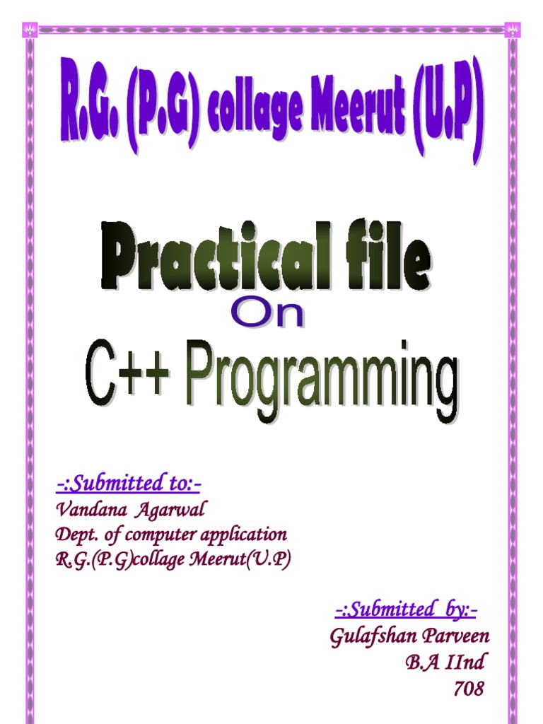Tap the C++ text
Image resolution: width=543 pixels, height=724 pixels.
tap(127, 373)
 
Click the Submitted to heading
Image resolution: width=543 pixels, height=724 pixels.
tap(129, 484)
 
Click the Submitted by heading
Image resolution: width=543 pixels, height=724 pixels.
tap(406, 610)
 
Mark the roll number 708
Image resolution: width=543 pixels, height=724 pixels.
tap(469, 689)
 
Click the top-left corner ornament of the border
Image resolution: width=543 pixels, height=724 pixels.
tap(30, 30)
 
